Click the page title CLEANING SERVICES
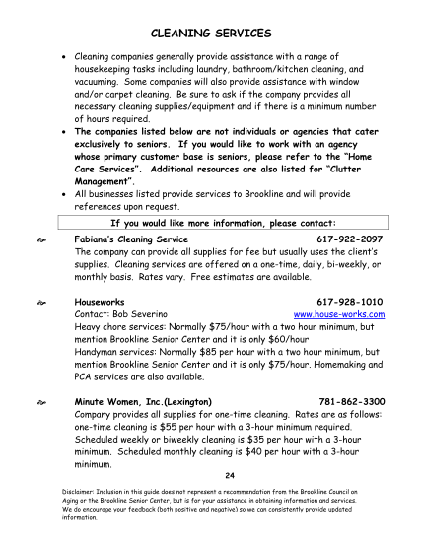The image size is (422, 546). pos(210,34)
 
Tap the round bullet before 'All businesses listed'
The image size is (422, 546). pos(65,194)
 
